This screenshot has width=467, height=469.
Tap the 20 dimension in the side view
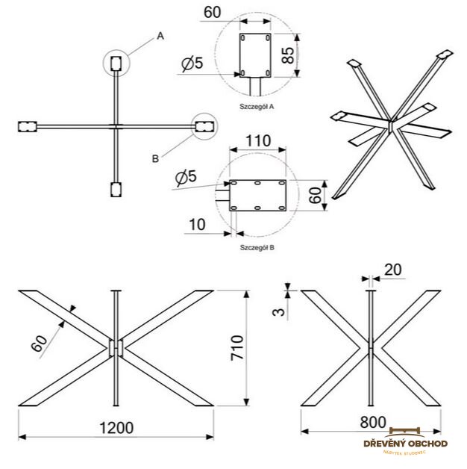click(x=393, y=269)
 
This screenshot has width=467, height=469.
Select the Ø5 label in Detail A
click(x=192, y=64)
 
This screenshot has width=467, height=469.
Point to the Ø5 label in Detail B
click(x=186, y=178)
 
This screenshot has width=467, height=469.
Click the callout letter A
click(x=159, y=35)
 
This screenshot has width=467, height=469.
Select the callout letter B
click(x=154, y=158)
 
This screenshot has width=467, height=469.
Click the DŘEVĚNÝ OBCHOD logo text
click(x=405, y=444)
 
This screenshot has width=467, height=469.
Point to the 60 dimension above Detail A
click(x=213, y=13)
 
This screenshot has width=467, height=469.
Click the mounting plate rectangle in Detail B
click(x=257, y=196)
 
